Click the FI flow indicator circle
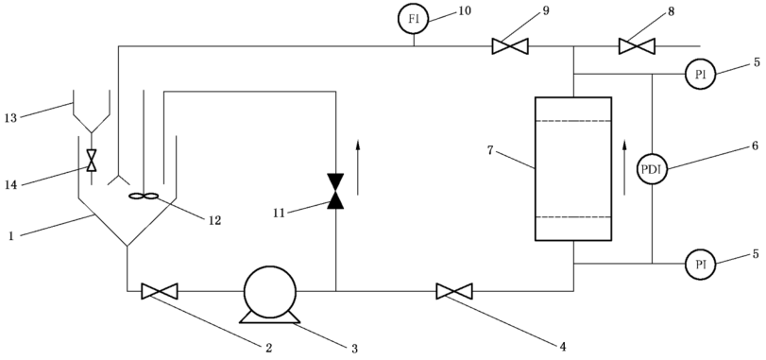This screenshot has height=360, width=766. pyautogui.click(x=414, y=20)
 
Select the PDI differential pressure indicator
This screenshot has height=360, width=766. pyautogui.click(x=652, y=169)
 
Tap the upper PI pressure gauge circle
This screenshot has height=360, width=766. pyautogui.click(x=700, y=75)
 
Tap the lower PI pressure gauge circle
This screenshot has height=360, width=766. pyautogui.click(x=700, y=265)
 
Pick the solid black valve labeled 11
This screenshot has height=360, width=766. pyautogui.click(x=335, y=191)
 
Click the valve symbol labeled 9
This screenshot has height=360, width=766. pyautogui.click(x=509, y=46)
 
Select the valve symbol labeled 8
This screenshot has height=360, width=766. pyautogui.click(x=637, y=46)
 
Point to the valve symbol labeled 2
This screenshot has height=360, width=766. pyautogui.click(x=160, y=291)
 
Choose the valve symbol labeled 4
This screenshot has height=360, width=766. pyautogui.click(x=453, y=291)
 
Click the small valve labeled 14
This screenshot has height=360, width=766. pyautogui.click(x=92, y=161)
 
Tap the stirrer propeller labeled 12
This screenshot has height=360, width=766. pyautogui.click(x=144, y=197)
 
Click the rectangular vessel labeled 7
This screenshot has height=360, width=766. pyautogui.click(x=573, y=168)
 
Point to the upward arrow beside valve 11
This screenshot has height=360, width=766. pyautogui.click(x=358, y=167)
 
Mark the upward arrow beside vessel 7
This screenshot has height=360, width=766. pyautogui.click(x=624, y=167)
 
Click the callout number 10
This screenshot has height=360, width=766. pyautogui.click(x=465, y=10)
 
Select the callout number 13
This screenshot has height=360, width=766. pyautogui.click(x=9, y=118)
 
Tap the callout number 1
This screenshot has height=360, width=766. pyautogui.click(x=10, y=236)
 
